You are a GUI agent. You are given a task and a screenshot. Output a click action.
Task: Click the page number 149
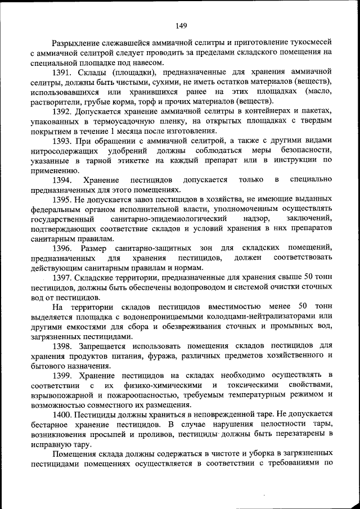coord(181,25)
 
